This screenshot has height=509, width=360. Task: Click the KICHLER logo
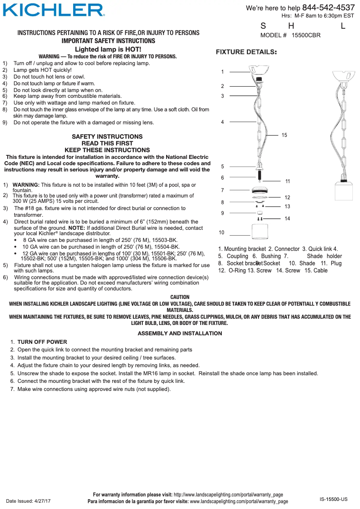pyautogui.click(x=54, y=10)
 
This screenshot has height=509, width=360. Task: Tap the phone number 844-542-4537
pyautogui.click(x=328, y=8)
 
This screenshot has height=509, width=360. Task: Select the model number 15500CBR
pyautogui.click(x=306, y=35)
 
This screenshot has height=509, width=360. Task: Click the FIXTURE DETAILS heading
pyautogui.click(x=246, y=52)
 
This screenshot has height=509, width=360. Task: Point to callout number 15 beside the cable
pyautogui.click(x=284, y=135)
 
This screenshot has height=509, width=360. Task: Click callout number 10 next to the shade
pyautogui.click(x=221, y=233)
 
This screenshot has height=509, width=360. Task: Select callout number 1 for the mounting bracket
pyautogui.click(x=222, y=72)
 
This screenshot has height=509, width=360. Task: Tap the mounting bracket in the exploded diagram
pyautogui.click(x=259, y=72)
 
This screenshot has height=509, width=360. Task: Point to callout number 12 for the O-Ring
pyautogui.click(x=287, y=197)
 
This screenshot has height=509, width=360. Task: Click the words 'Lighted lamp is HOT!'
pyautogui.click(x=108, y=49)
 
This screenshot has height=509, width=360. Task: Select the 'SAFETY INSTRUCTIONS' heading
pyautogui.click(x=107, y=136)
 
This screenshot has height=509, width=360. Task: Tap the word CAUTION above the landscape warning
pyautogui.click(x=180, y=297)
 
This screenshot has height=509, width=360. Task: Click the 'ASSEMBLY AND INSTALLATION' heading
pyautogui.click(x=180, y=333)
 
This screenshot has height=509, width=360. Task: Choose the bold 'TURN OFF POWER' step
pyautogui.click(x=42, y=342)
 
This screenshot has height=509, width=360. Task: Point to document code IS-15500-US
pyautogui.click(x=334, y=499)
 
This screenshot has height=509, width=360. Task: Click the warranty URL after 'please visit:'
pyautogui.click(x=228, y=495)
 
